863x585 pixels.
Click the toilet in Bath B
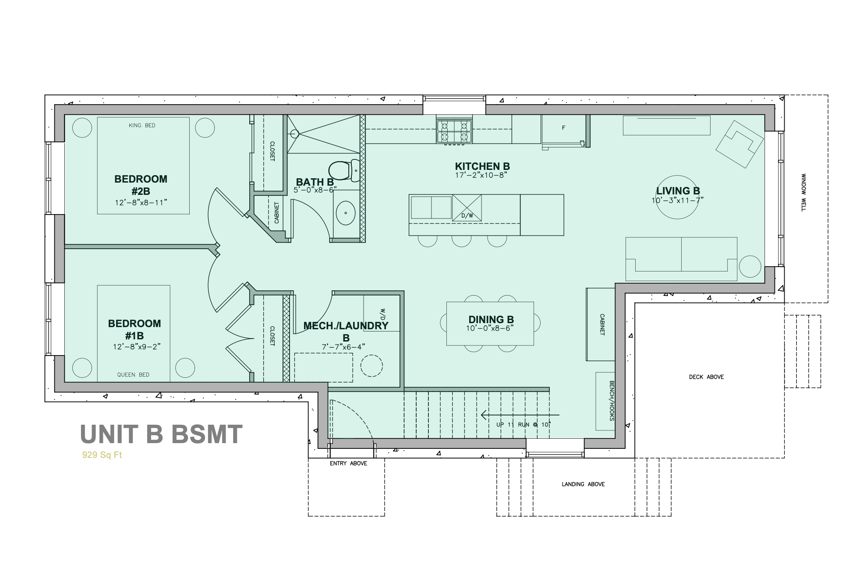point(344,171)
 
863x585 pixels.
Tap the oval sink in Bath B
point(346,213)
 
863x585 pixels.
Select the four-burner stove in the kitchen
point(454,131)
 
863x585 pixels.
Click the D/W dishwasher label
point(467,215)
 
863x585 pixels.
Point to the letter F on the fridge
point(563,128)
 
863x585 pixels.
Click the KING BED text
point(142,125)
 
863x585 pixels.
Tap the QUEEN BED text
point(133,374)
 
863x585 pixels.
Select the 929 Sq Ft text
point(102,455)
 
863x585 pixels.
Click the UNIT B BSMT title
point(161,434)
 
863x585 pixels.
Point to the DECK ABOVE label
point(706,377)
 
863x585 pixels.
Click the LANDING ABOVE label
point(583,484)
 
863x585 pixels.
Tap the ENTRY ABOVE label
point(348,463)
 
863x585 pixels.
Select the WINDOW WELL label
point(803,193)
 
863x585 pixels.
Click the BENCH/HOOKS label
point(612,401)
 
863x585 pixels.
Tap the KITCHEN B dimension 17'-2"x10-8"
point(481,175)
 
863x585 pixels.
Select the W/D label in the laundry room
point(382,314)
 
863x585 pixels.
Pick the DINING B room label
point(491,320)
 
